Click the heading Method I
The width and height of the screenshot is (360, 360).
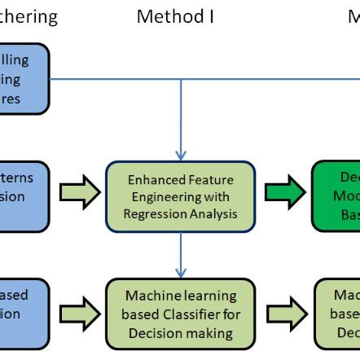(175, 15)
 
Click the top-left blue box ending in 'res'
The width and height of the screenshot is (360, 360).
(24, 80)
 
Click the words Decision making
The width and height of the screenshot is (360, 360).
(181, 331)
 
